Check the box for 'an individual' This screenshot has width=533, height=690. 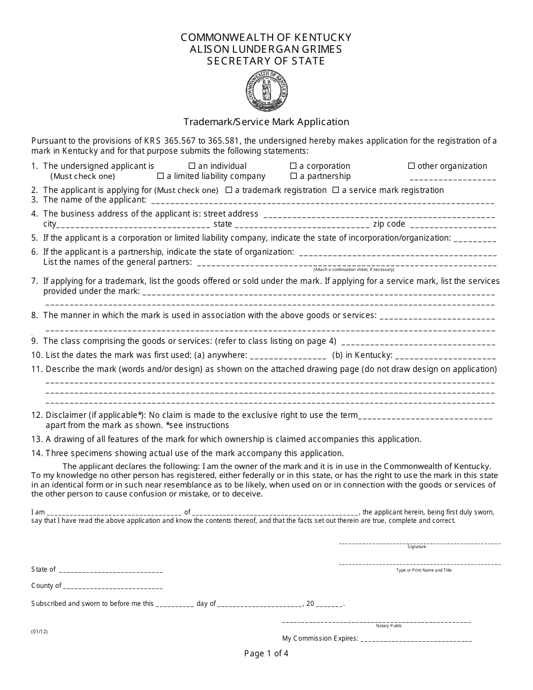click(x=192, y=166)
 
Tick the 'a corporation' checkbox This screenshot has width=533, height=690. click(x=293, y=166)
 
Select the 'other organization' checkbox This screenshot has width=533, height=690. click(x=411, y=166)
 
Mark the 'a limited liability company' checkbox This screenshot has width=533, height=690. click(x=160, y=176)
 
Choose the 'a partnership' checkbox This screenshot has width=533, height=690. click(x=293, y=176)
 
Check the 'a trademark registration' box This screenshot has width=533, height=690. click(x=228, y=190)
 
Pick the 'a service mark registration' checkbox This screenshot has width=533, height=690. click(x=336, y=190)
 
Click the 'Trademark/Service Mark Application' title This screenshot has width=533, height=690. click(x=266, y=122)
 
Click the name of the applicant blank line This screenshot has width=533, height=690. click(x=323, y=201)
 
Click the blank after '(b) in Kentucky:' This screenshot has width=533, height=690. click(x=447, y=356)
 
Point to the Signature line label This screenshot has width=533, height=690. click(x=417, y=546)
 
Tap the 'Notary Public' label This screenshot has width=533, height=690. click(x=389, y=625)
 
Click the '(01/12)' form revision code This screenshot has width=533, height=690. click(x=39, y=631)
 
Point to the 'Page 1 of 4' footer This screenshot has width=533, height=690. click(x=266, y=653)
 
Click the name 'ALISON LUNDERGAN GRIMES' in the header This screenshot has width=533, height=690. click(x=266, y=49)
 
